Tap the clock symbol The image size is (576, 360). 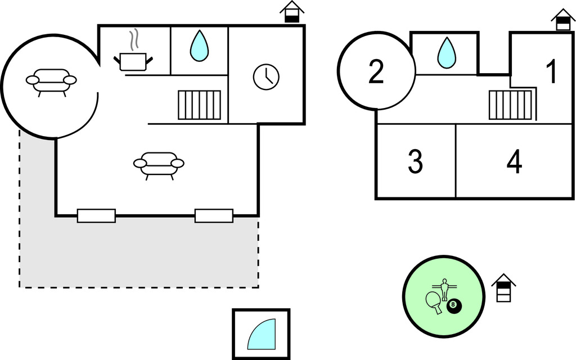[x=266, y=77]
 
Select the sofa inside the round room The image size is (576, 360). [x=51, y=81]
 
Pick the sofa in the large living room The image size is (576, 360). [x=159, y=164]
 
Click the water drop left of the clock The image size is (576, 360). [x=199, y=46]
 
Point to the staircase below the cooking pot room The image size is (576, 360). [x=199, y=105]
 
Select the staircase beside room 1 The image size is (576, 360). [x=510, y=105]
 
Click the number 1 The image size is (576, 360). [x=552, y=72]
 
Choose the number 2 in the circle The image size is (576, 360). [x=376, y=72]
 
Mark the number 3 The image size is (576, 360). [x=415, y=162]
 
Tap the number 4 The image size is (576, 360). [x=514, y=162]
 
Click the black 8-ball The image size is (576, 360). [x=454, y=307]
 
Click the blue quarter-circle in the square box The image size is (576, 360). [x=263, y=335]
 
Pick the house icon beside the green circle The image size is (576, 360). [x=503, y=288]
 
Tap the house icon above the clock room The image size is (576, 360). [x=291, y=12]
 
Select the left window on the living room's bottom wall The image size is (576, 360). [x=96, y=215]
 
